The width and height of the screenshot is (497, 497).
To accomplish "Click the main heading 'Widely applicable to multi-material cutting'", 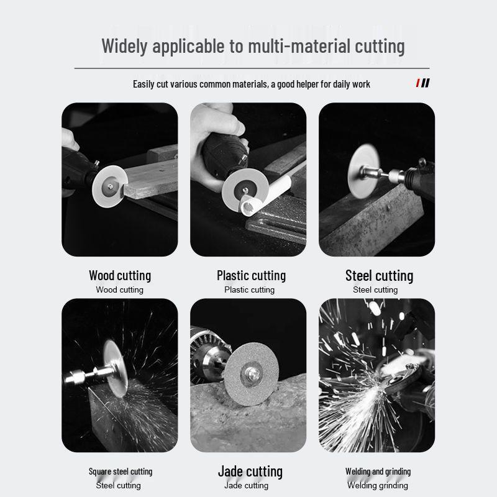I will tap(253, 46).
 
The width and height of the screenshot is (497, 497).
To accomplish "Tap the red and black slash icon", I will tap(422, 83).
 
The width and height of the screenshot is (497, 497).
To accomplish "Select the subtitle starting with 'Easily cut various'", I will tap(251, 84).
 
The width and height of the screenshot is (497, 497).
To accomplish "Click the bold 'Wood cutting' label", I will tap(120, 275).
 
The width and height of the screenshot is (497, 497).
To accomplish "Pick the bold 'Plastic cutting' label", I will tap(251, 275).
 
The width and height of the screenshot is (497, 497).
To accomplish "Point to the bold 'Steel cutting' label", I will tap(379, 275).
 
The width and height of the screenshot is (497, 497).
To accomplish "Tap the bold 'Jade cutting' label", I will tap(250, 471).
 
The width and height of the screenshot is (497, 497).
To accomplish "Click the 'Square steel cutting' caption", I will tap(120, 472).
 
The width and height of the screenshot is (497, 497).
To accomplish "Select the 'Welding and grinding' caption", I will tap(378, 472).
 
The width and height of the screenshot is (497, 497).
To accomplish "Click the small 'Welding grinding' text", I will tap(378, 486).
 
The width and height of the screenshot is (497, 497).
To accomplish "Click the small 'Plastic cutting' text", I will tap(249, 290).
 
